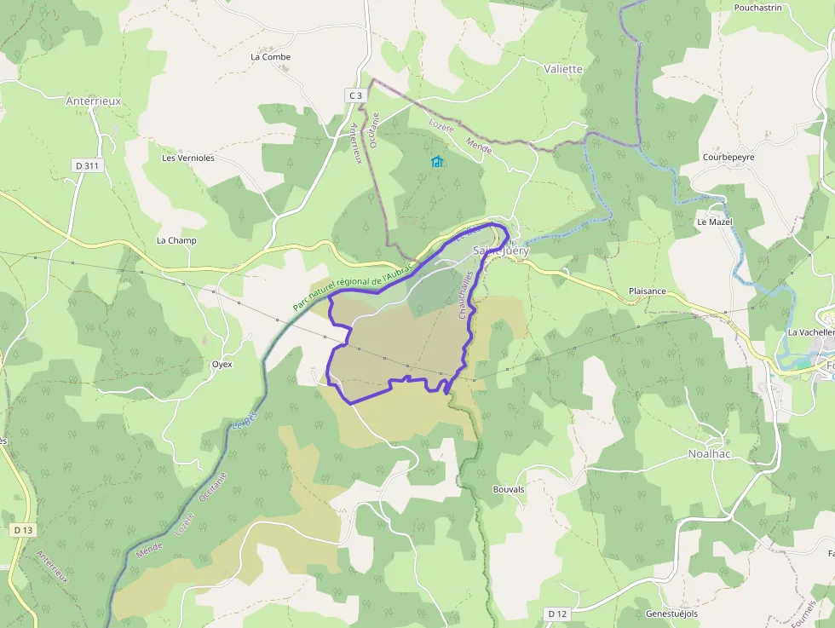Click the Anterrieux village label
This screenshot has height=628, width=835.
(x=94, y=101)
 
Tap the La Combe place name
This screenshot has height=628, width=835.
(x=270, y=57)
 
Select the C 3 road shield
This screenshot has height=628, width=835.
(x=355, y=95)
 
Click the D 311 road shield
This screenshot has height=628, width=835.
(x=87, y=165)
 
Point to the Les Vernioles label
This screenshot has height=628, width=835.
(x=188, y=158)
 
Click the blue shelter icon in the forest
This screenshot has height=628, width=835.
(x=437, y=161)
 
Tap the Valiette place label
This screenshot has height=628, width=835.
(x=563, y=69)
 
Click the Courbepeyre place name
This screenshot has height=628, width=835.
(x=728, y=158)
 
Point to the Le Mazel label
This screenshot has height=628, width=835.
(x=715, y=222)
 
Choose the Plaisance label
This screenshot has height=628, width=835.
(x=647, y=291)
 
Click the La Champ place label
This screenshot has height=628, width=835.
(x=176, y=241)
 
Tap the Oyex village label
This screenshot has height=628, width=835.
(x=222, y=364)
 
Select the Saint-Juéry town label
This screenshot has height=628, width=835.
(x=501, y=251)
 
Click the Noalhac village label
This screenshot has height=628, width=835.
(x=711, y=454)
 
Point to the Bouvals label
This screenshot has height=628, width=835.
(x=509, y=490)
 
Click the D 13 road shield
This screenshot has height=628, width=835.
(x=23, y=530)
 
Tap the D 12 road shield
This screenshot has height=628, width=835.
(x=557, y=614)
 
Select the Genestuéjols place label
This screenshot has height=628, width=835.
(x=671, y=614)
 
